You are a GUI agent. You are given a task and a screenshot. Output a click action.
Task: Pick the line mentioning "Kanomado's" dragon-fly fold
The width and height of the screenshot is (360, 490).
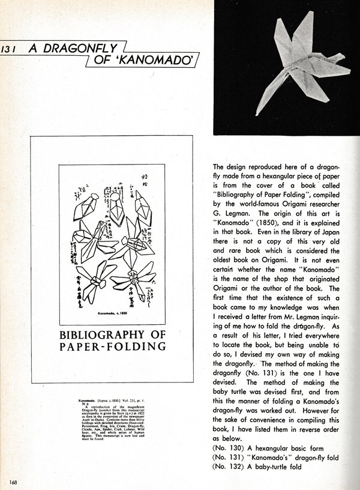click(x=278, y=458)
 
